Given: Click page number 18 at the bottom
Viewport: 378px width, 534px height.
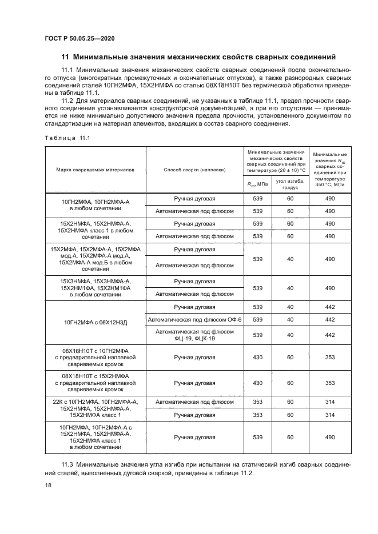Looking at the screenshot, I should tap(48, 485).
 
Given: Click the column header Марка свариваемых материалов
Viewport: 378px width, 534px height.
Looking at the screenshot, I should tap(96, 170).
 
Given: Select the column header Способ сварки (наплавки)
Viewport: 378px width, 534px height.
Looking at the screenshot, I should tap(194, 170).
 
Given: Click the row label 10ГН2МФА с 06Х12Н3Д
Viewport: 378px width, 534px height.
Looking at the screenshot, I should tap(96, 323).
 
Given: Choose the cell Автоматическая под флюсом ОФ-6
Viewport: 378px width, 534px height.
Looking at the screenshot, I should tap(194, 319).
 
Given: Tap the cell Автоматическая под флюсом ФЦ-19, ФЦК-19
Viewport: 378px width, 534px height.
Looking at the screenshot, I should tap(194, 335).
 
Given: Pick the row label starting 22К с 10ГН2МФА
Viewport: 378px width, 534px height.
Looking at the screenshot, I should tap(96, 408).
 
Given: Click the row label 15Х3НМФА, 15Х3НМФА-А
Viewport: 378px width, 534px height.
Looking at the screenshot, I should tap(96, 288).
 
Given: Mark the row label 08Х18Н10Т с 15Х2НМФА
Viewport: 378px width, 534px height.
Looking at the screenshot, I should tap(96, 383).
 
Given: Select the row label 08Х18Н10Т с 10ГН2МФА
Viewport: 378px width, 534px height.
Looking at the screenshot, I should tap(96, 358).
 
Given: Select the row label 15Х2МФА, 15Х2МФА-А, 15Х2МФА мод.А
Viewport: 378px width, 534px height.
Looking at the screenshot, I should tap(96, 259).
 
